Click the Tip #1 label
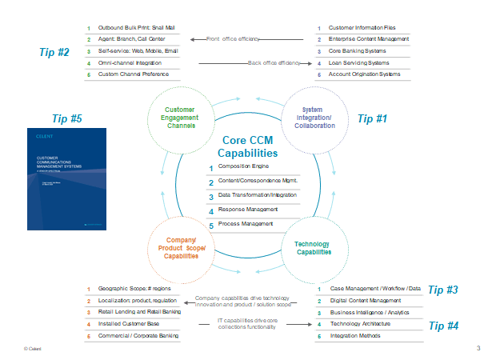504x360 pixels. [x=371, y=118]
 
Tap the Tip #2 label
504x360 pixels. [x=54, y=52]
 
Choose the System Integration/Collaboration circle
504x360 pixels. [x=314, y=118]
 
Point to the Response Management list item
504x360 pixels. [x=247, y=210]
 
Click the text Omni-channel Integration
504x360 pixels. [x=130, y=62]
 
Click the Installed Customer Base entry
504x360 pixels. [x=127, y=324]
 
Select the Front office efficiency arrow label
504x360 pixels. [x=234, y=38]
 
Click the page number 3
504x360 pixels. [x=478, y=348]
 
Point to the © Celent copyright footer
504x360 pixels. [x=33, y=349]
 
